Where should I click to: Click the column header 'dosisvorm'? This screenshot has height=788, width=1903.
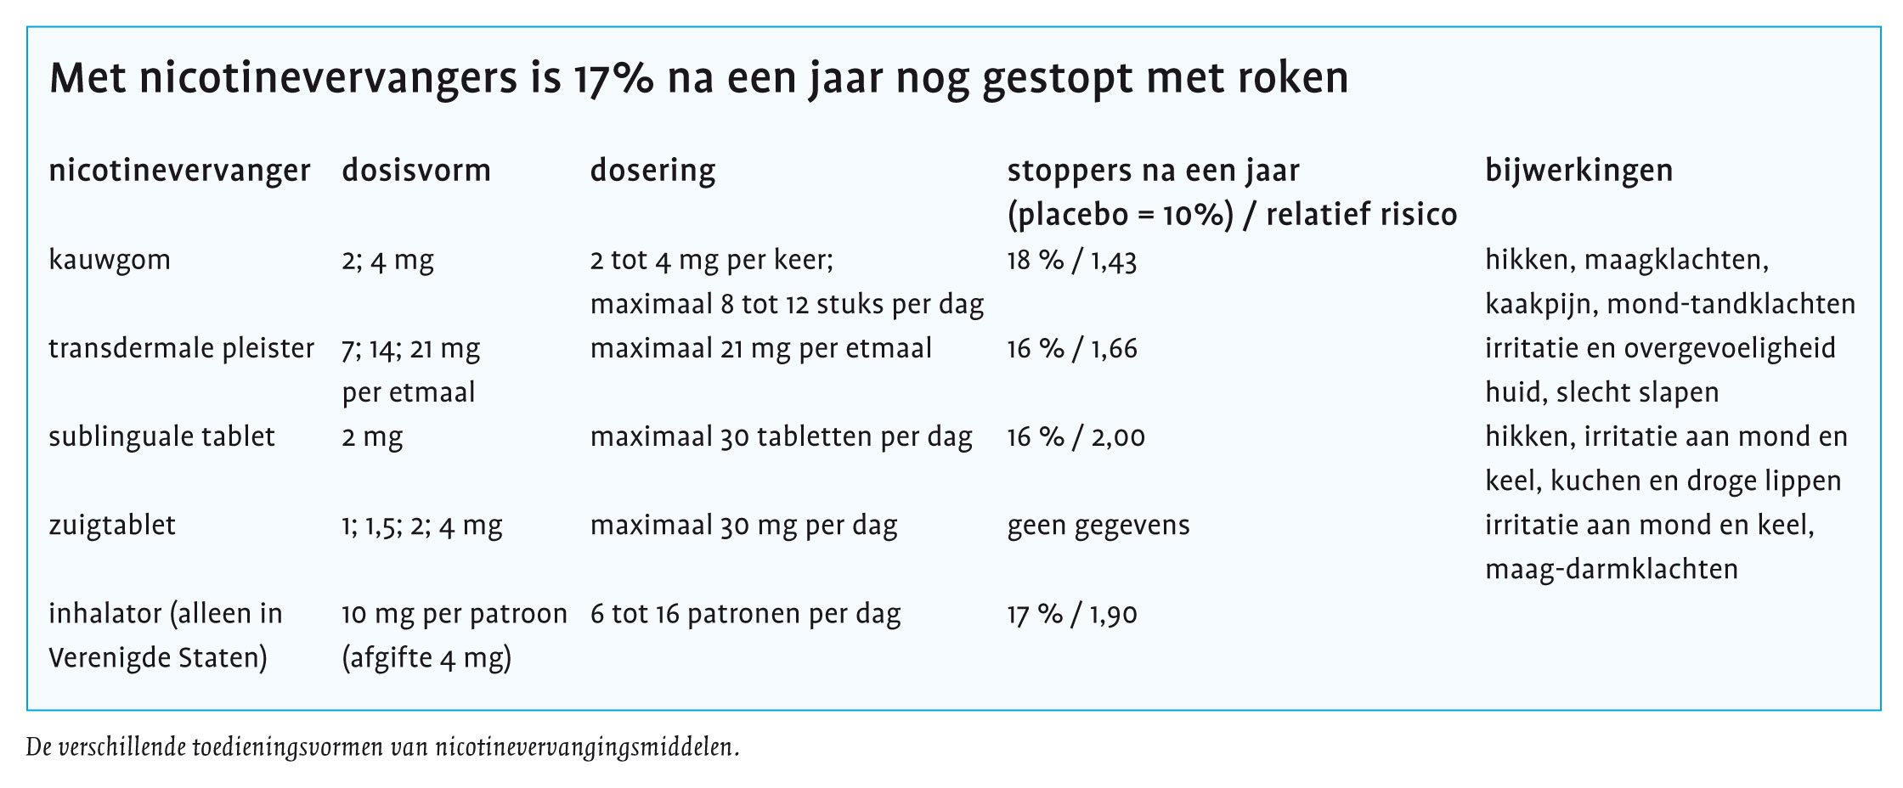coord(416,171)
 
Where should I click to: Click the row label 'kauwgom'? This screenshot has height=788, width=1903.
coord(110,261)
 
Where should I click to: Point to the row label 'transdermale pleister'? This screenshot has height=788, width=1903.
coord(181,349)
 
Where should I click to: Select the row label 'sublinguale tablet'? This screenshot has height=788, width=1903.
coord(161,437)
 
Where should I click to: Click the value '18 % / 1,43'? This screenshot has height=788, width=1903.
coord(1072,261)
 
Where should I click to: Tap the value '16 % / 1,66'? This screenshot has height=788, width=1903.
coord(1072,349)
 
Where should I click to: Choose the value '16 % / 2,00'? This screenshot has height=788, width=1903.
coord(1076,437)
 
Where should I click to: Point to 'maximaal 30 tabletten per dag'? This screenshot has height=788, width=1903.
coord(782,437)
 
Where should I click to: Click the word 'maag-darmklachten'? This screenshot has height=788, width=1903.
coord(1612,570)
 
